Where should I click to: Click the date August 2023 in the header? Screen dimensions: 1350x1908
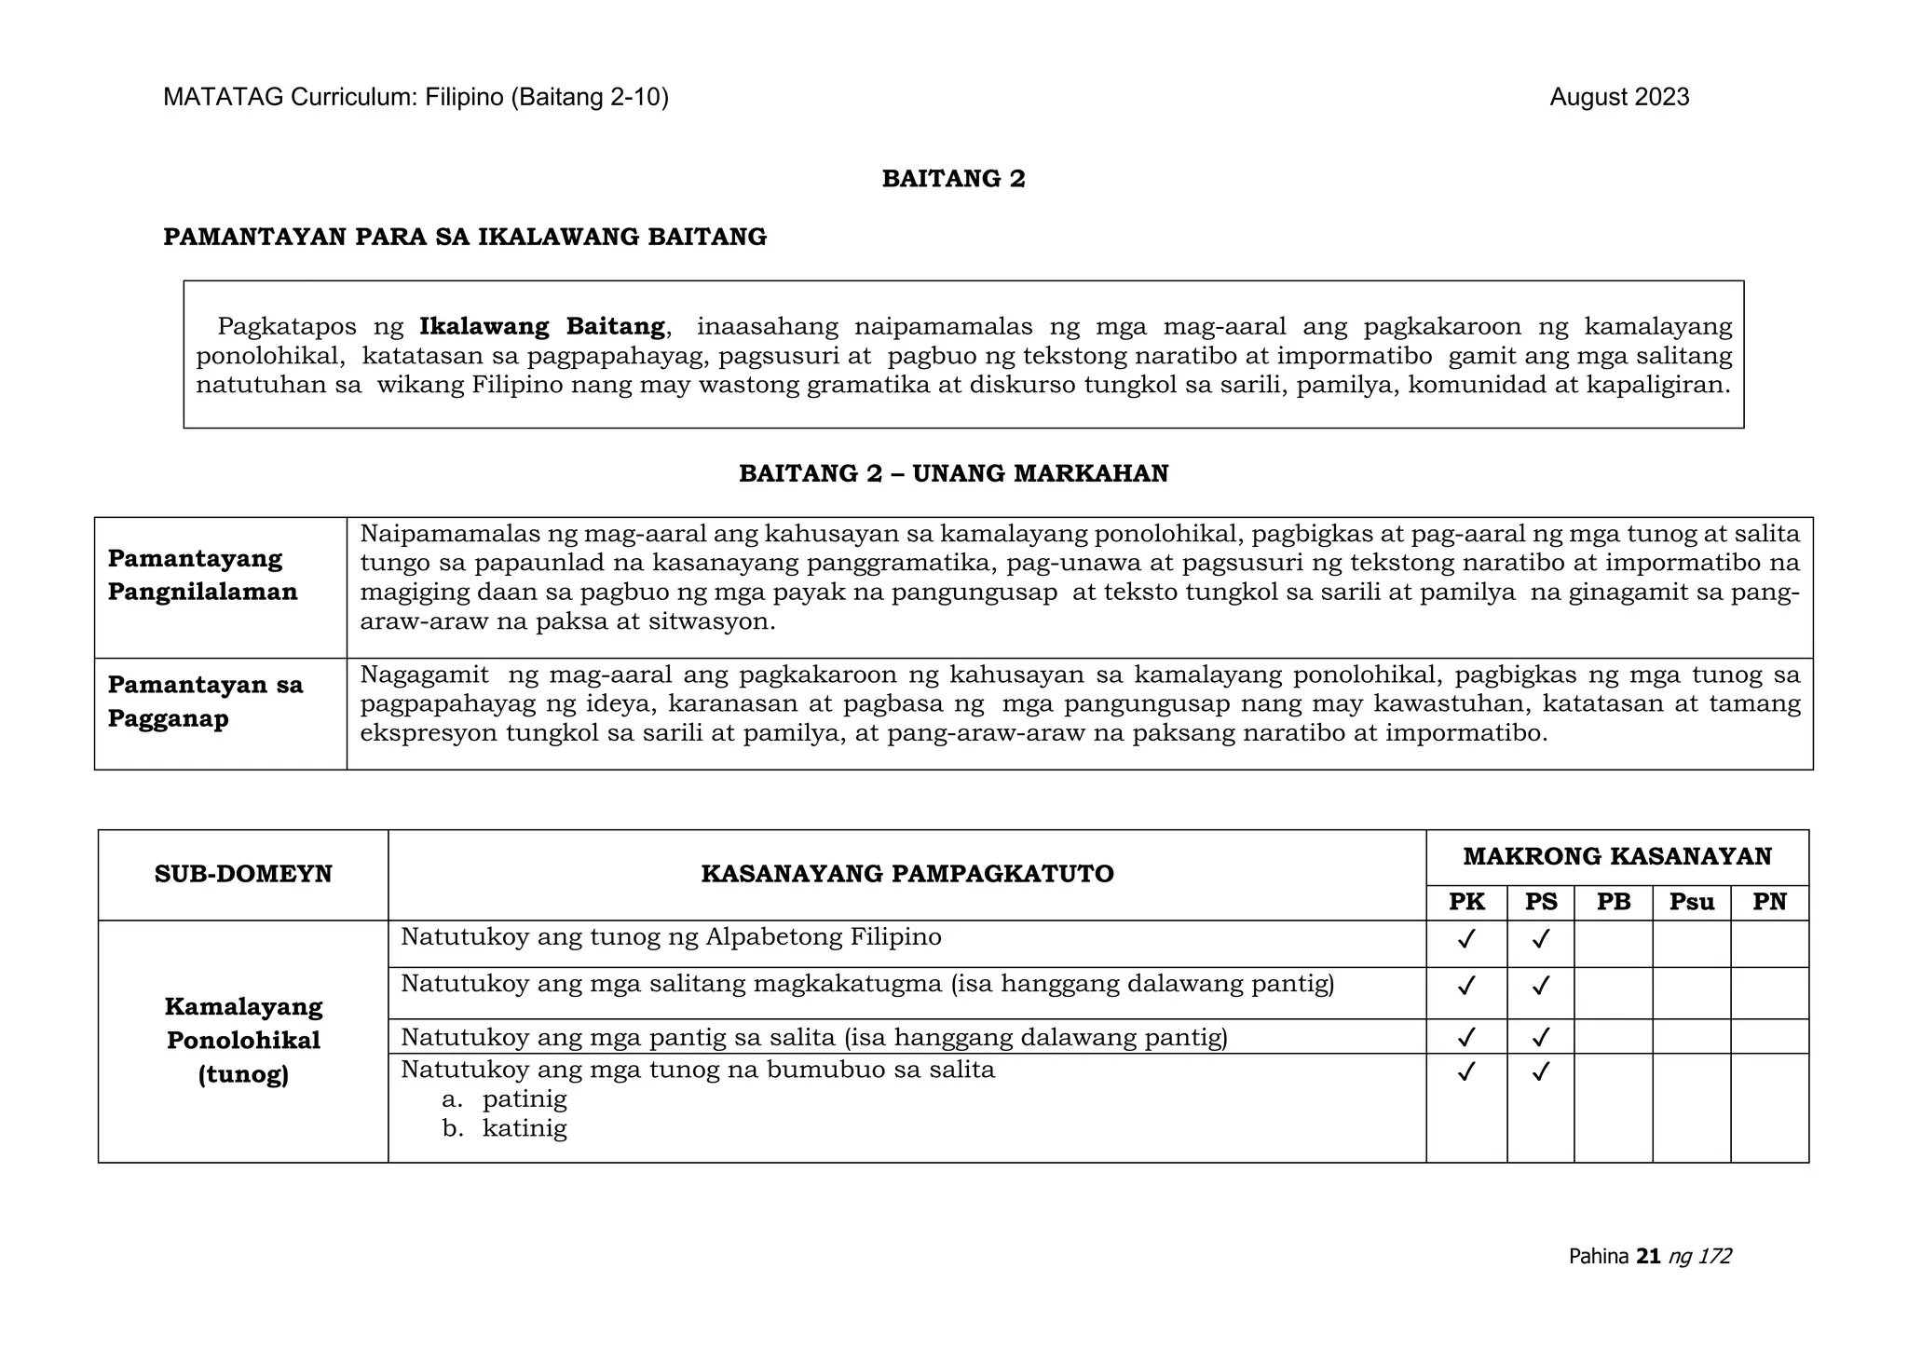coord(1618,98)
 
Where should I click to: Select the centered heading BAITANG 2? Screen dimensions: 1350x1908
coord(953,179)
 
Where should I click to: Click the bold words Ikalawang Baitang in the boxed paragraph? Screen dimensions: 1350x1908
coord(541,327)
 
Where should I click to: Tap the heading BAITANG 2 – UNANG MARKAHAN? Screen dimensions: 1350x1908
coord(953,474)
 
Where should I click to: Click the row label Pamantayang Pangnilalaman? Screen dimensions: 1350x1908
coord(202,575)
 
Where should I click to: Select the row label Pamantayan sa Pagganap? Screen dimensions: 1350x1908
coord(205,702)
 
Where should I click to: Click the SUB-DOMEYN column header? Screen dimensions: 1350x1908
coord(243,874)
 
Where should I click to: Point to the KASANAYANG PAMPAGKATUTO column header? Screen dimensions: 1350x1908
coord(906,874)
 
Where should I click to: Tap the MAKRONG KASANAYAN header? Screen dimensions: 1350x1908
coord(1616,856)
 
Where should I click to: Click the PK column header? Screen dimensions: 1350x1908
coord(1466,902)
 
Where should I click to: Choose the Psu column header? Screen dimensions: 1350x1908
coord(1691,902)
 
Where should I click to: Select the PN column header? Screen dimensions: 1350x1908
coord(1769,902)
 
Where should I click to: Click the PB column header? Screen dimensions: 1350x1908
coord(1614,902)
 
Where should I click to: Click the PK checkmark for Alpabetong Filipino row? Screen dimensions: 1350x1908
coord(1466,938)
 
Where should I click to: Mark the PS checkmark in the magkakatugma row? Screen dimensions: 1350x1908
coord(1540,985)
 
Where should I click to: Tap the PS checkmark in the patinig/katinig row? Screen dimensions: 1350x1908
coord(1540,1071)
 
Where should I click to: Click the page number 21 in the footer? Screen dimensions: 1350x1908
coord(1648,1257)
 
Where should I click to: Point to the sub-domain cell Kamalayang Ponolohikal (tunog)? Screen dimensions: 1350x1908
coord(243,1041)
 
